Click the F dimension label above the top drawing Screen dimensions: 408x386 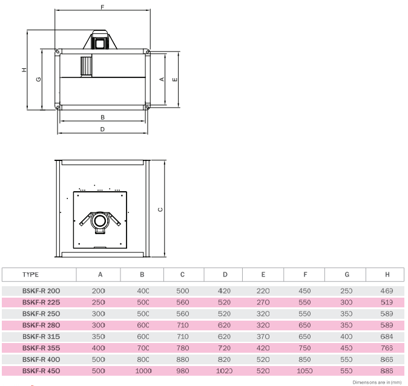102,7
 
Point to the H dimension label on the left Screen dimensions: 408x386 24,70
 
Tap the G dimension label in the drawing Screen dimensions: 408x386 38,79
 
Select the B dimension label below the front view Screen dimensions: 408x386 102,117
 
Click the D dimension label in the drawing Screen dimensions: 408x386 102,129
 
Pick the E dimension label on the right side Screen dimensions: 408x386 175,79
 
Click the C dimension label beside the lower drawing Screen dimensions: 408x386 160,209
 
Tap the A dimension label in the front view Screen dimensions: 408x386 162,79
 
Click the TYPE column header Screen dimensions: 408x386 30,275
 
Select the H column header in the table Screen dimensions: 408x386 387,275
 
